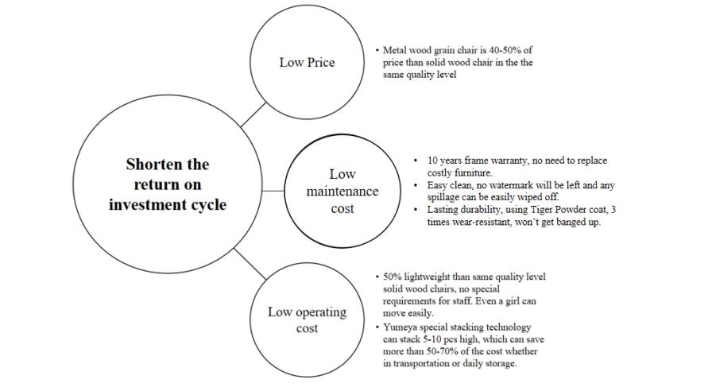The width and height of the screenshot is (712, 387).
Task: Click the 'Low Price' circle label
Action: [x=307, y=63]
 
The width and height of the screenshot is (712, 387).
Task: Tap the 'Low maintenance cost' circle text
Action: [x=342, y=192]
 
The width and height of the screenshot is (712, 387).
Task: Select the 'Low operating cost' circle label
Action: [x=307, y=319]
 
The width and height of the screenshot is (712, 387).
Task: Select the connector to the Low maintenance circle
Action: [x=273, y=192]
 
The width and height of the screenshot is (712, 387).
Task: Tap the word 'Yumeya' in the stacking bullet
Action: [x=400, y=327]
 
